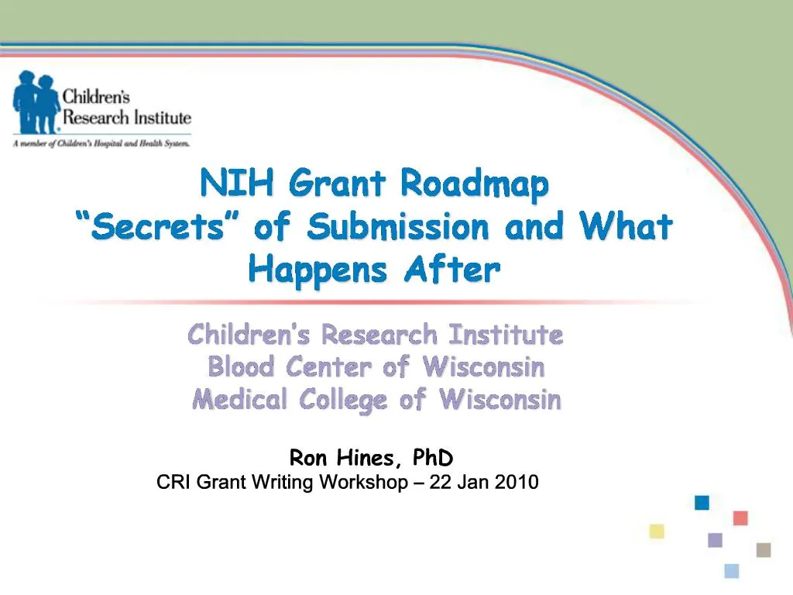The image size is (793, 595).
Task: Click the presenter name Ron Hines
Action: point(345,459)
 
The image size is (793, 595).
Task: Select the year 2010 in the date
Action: point(517,483)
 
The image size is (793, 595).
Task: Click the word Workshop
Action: point(363,483)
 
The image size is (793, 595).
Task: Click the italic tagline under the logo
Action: point(101,143)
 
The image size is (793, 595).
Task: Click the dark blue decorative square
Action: point(702,503)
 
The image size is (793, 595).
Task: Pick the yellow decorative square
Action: point(657,531)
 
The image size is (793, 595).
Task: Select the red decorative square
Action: point(740,518)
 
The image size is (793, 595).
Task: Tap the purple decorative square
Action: point(715,540)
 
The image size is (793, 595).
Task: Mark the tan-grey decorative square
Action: point(764,549)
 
